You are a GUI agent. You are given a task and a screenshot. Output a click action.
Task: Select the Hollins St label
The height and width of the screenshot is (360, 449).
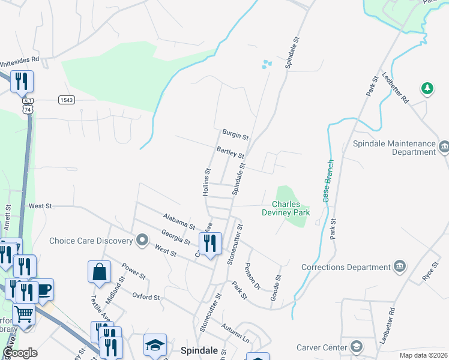click(206, 182)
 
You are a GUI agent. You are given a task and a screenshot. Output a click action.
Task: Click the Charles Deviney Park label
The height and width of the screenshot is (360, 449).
click(286, 208)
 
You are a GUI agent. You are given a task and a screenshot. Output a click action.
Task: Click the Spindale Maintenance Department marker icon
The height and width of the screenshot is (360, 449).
click(445, 146)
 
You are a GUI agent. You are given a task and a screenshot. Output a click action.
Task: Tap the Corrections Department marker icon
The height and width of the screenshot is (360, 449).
click(400, 267)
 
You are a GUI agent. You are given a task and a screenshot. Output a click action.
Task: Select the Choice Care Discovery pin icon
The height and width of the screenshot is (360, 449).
click(142, 241)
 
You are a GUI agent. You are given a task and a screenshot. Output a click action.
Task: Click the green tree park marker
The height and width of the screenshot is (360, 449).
click(427, 89)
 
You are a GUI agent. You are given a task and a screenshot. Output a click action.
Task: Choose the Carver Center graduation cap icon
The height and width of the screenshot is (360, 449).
click(357, 347)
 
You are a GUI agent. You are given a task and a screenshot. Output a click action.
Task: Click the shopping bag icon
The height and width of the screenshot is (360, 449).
click(99, 272)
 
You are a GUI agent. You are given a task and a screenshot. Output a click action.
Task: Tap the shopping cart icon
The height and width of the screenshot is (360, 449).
click(23, 313)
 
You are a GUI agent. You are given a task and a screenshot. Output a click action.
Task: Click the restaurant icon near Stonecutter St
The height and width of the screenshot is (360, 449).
click(210, 243)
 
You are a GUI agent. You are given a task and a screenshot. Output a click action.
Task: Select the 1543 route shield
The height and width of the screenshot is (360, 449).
click(67, 100)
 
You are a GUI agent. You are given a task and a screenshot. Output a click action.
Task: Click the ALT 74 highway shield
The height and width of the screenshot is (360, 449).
click(28, 107)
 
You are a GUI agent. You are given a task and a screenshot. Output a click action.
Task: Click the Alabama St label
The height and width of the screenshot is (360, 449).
click(179, 221)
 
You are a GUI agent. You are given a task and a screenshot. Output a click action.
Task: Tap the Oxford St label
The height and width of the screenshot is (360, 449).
click(146, 296)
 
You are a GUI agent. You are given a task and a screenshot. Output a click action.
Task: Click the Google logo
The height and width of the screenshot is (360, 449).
click(20, 353)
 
